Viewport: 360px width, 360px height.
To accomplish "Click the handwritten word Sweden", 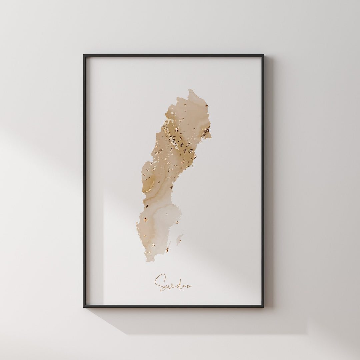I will (173, 283).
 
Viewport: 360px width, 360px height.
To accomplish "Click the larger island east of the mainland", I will (179, 239).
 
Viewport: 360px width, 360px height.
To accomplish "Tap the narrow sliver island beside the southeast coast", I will (168, 247).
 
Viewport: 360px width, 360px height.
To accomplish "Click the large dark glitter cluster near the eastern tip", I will (205, 131).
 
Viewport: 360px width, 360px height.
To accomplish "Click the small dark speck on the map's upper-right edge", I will (207, 106).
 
